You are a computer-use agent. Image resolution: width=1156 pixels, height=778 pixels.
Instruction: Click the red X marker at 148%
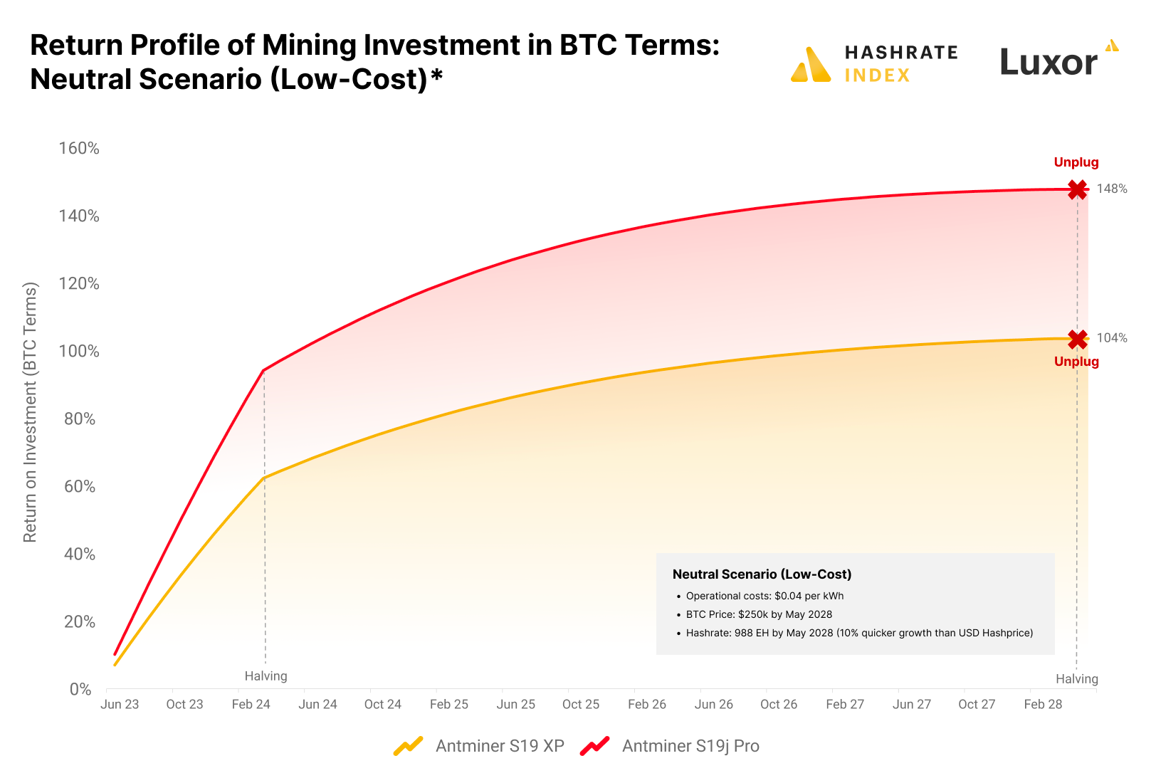(1077, 189)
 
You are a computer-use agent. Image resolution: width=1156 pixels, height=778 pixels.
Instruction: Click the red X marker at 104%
(1077, 339)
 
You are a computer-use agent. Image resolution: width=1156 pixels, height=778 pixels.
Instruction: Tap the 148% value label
(1111, 189)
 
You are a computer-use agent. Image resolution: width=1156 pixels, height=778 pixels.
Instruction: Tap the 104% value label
(1111, 338)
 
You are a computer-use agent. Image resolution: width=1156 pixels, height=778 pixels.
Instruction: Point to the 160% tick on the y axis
(79, 148)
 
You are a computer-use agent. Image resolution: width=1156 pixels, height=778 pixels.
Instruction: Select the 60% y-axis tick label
(80, 486)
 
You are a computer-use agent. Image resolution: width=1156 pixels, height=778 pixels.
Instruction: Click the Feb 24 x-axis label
(251, 704)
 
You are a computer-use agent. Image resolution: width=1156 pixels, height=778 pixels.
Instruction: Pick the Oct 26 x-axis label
(779, 704)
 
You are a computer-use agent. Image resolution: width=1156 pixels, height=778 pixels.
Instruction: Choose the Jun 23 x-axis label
(120, 704)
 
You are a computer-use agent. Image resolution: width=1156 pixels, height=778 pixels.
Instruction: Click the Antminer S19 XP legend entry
(499, 746)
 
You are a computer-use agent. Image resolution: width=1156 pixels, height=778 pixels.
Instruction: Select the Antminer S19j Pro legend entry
(690, 746)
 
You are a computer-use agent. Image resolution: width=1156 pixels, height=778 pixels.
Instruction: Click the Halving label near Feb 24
(266, 676)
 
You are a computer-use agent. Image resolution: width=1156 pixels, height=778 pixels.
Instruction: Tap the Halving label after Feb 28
(1076, 679)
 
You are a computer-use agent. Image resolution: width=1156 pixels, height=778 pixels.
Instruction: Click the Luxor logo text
(1049, 62)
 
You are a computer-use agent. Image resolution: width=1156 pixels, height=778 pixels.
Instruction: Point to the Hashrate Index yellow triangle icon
(811, 65)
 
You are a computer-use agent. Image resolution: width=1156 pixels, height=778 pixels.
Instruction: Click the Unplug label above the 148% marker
(1076, 162)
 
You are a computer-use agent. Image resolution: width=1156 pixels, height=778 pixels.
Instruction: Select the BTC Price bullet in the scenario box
(759, 614)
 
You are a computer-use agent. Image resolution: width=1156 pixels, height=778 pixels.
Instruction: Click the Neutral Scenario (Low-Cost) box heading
(762, 574)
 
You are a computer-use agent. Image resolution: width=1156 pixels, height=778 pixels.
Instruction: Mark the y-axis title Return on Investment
(30, 413)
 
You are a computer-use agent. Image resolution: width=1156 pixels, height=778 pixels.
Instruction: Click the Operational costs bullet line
(764, 596)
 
